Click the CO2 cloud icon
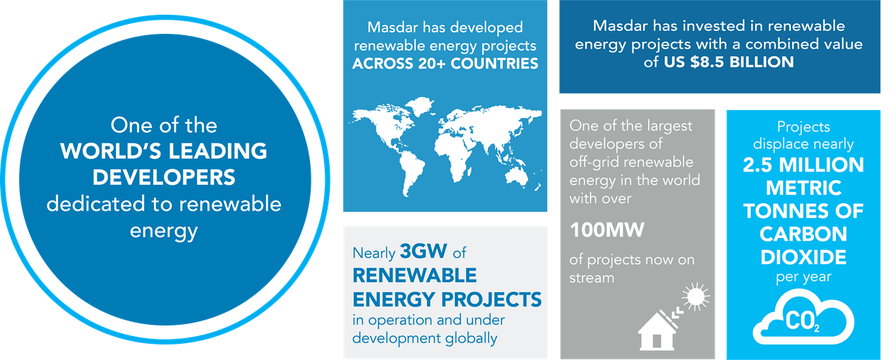[804, 318]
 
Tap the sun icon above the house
[695, 296]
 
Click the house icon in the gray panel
[657, 331]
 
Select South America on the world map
[411, 173]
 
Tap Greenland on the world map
[420, 104]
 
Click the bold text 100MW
[607, 230]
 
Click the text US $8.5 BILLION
[729, 62]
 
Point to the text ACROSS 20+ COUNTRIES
[446, 64]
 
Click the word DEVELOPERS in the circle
[164, 177]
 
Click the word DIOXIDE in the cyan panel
[804, 257]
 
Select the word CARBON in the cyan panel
[804, 234]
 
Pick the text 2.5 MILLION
[804, 164]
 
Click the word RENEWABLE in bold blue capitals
[414, 275]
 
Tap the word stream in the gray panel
[592, 277]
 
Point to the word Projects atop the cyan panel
[804, 127]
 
